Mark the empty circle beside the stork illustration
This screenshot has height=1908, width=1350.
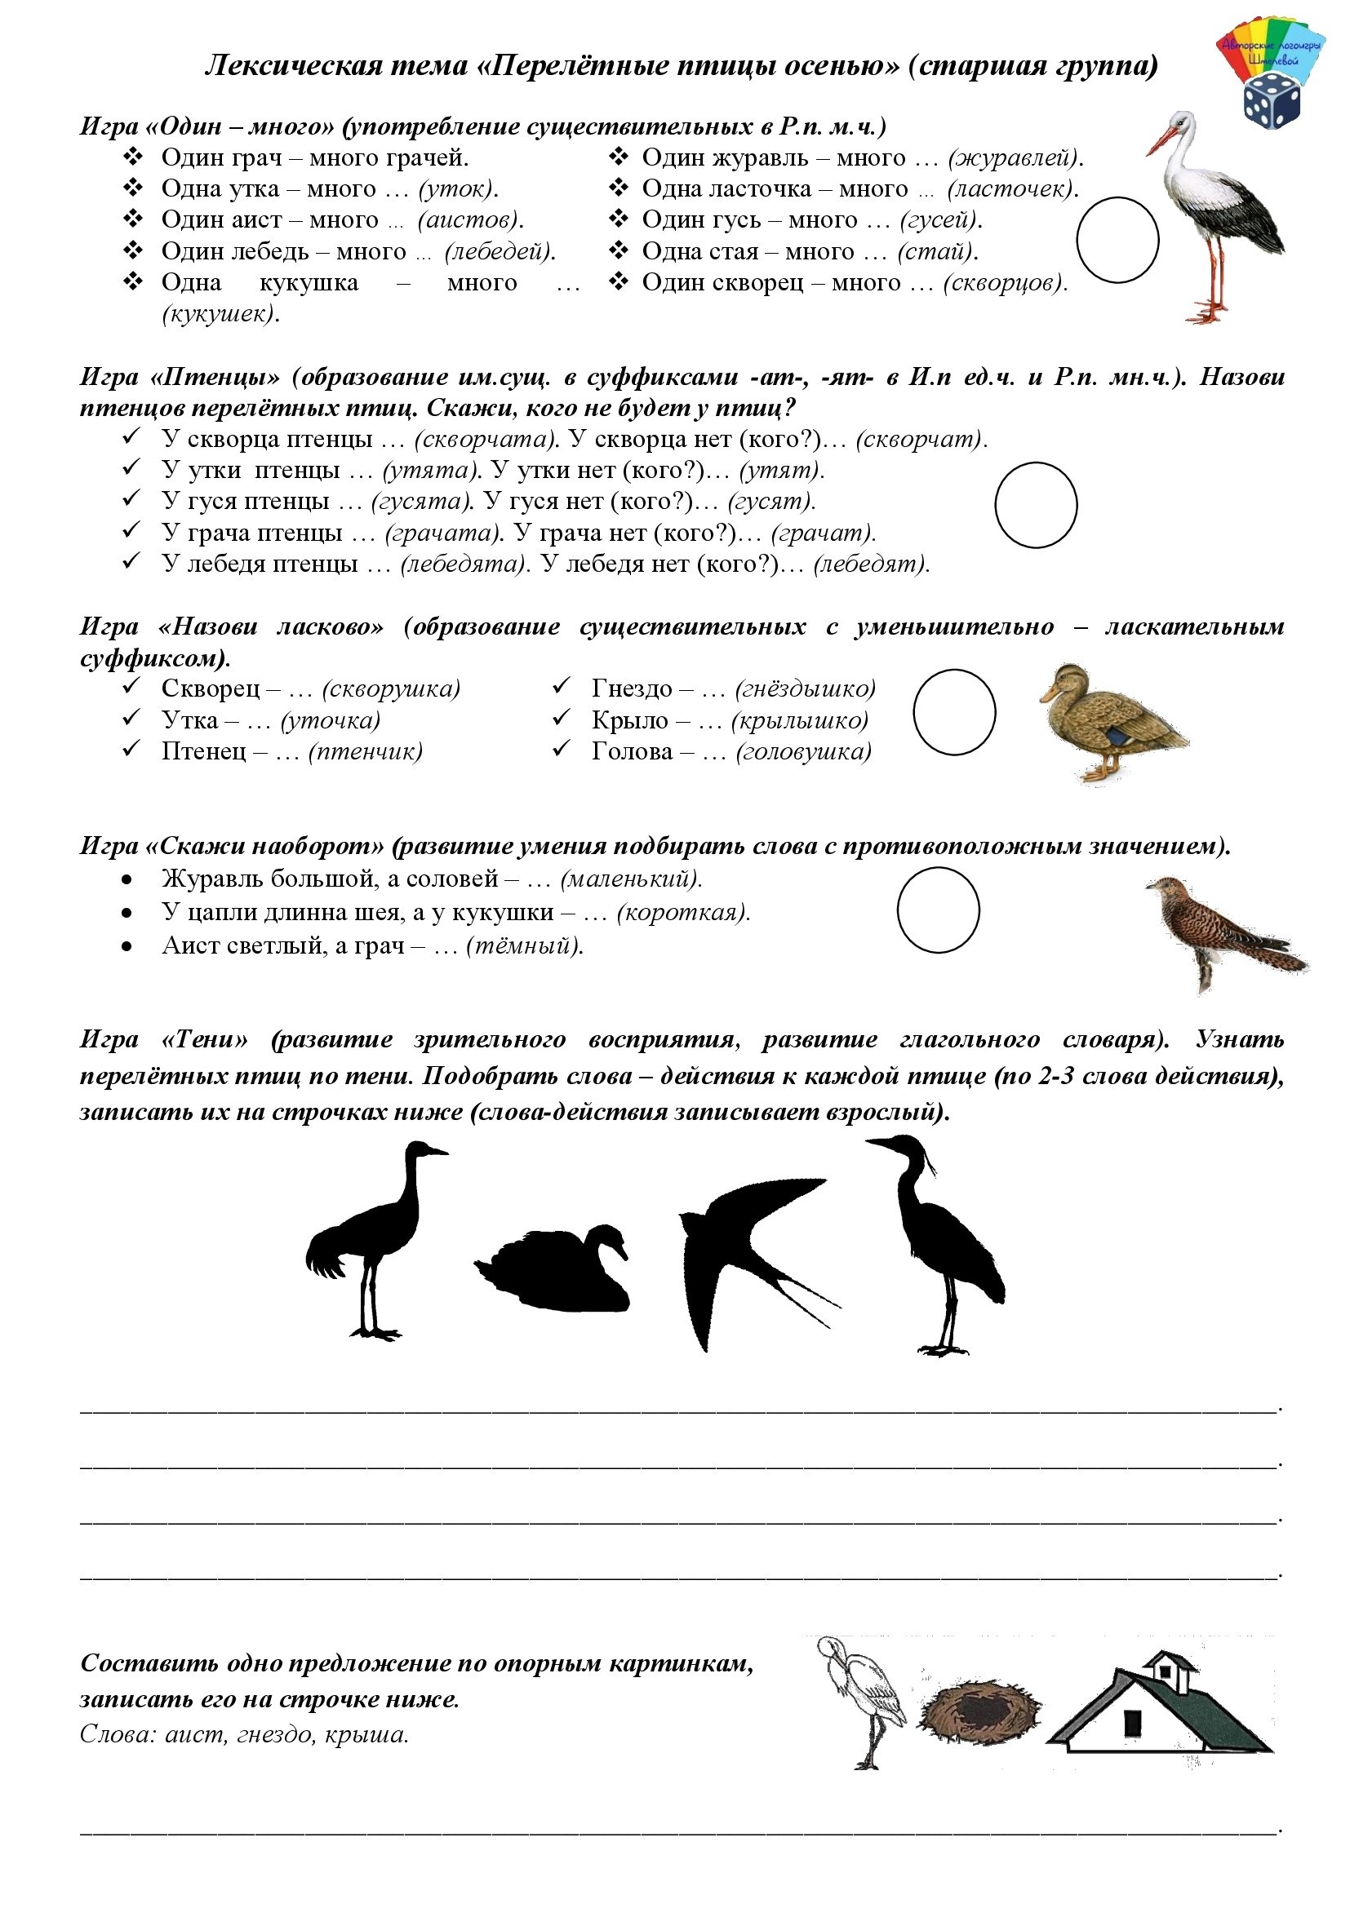pyautogui.click(x=1117, y=239)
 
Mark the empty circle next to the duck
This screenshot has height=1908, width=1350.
pyautogui.click(x=953, y=712)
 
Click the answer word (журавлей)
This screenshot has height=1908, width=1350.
pyautogui.click(x=1016, y=158)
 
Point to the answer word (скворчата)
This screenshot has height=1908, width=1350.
pyautogui.click(x=485, y=439)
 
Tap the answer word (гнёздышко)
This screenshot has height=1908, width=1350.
pyautogui.click(x=806, y=688)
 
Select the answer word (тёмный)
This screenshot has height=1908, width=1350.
pyautogui.click(x=524, y=945)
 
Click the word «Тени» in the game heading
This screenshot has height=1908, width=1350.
pyautogui.click(x=205, y=1039)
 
